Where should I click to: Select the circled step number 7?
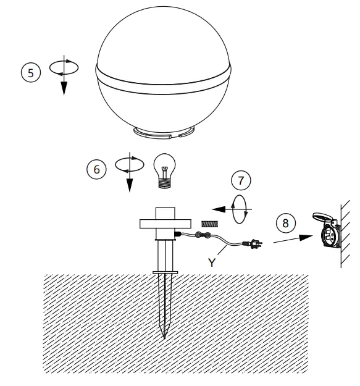pyautogui.click(x=238, y=182)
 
